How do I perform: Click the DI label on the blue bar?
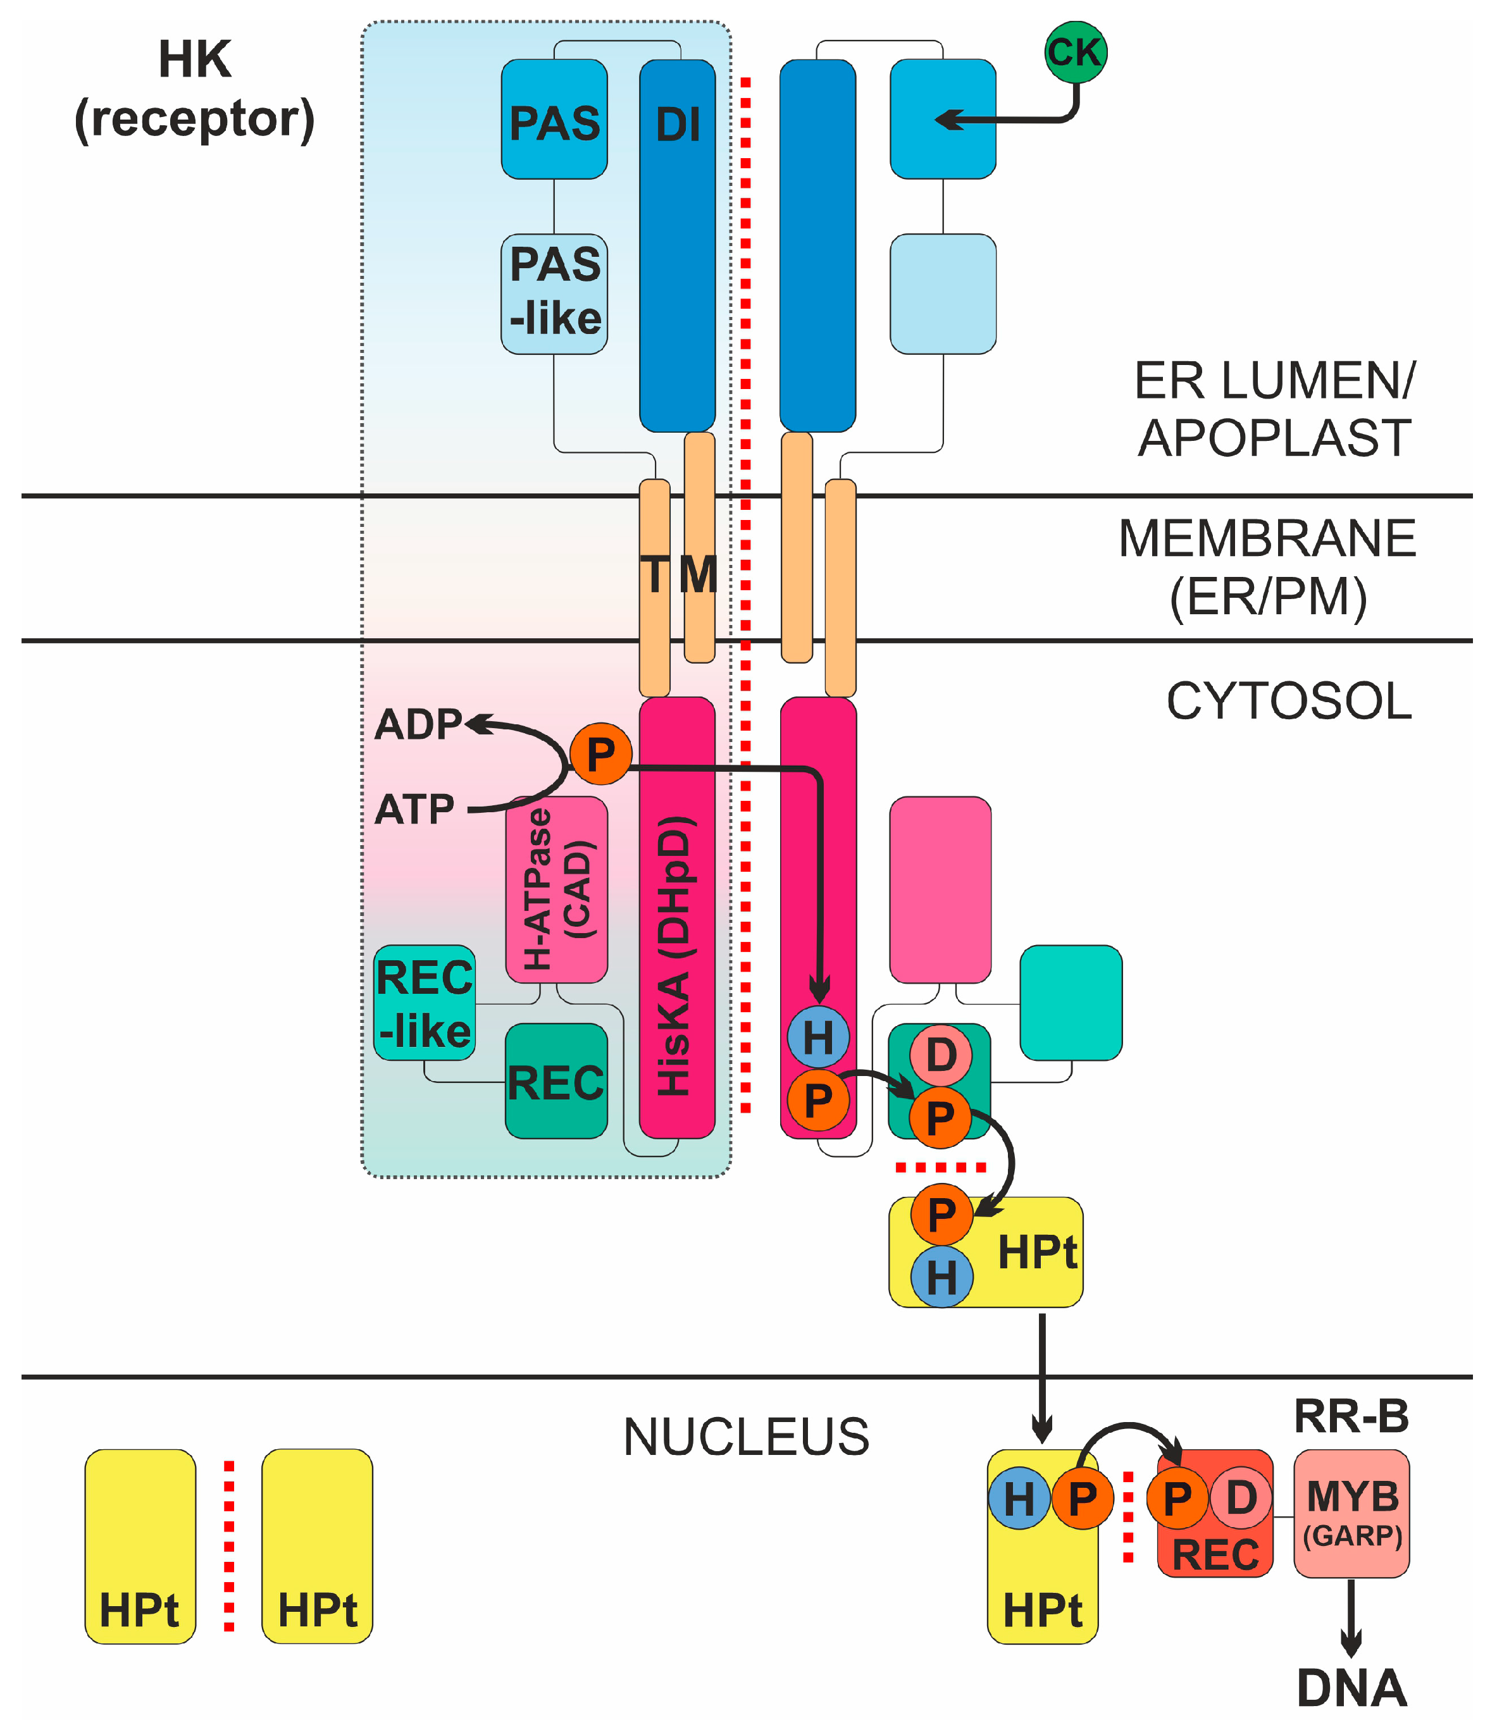coord(678,125)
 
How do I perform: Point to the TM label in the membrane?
coord(678,575)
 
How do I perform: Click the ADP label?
coord(418,724)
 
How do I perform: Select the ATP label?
coord(414,808)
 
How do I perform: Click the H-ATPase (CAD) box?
coord(556,889)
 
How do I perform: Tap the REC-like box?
coord(425,1003)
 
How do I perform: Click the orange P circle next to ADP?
coord(600,754)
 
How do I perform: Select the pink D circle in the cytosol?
coord(941,1055)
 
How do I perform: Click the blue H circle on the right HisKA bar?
coord(818,1037)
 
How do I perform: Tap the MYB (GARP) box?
coord(1351,1513)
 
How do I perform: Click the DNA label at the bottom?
coord(1351,1686)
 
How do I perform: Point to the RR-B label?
coord(1351,1416)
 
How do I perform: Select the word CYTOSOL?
coord(1289,701)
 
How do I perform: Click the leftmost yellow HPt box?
coord(140,1545)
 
